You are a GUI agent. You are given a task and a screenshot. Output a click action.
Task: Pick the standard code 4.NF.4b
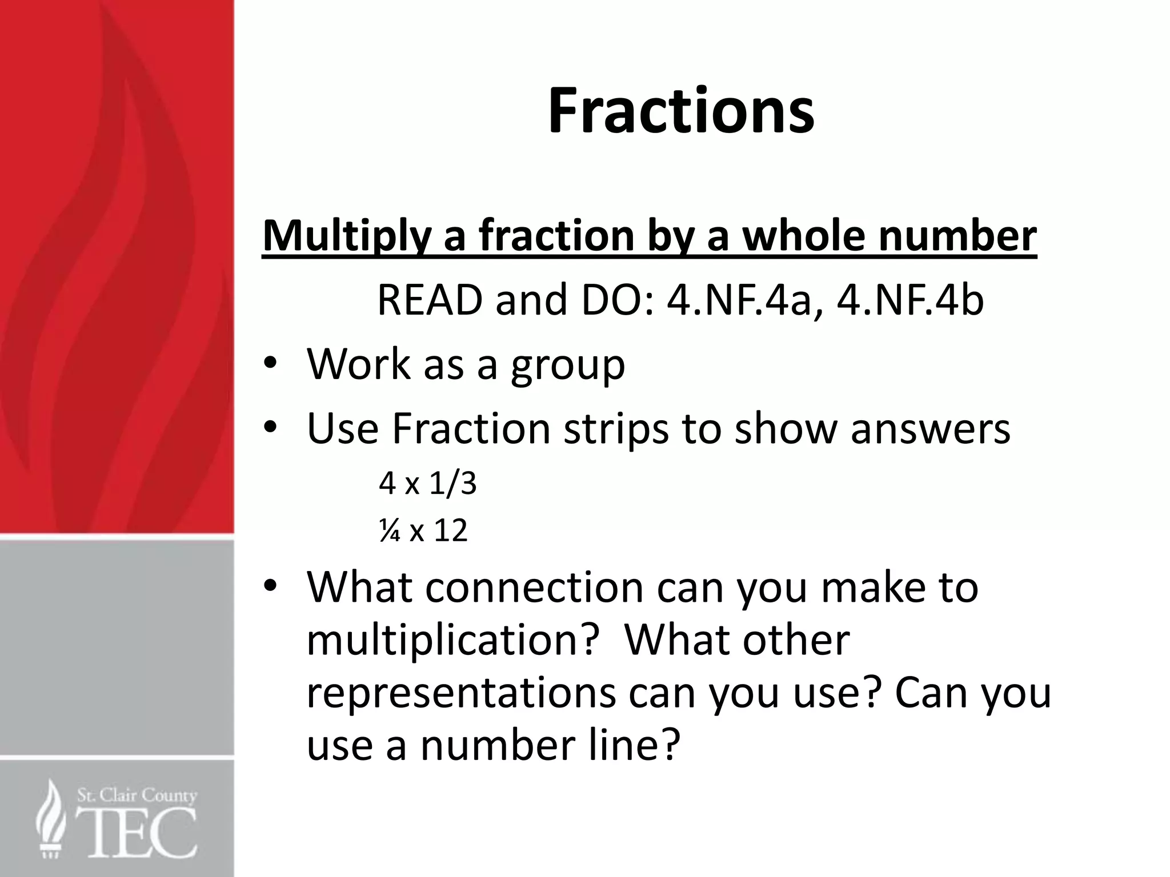[910, 300]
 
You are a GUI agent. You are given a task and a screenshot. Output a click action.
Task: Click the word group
[568, 365]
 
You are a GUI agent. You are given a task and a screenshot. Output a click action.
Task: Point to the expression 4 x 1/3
[427, 484]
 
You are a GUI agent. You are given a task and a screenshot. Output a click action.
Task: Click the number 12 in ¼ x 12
[451, 530]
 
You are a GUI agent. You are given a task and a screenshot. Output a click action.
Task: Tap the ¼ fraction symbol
[389, 530]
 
